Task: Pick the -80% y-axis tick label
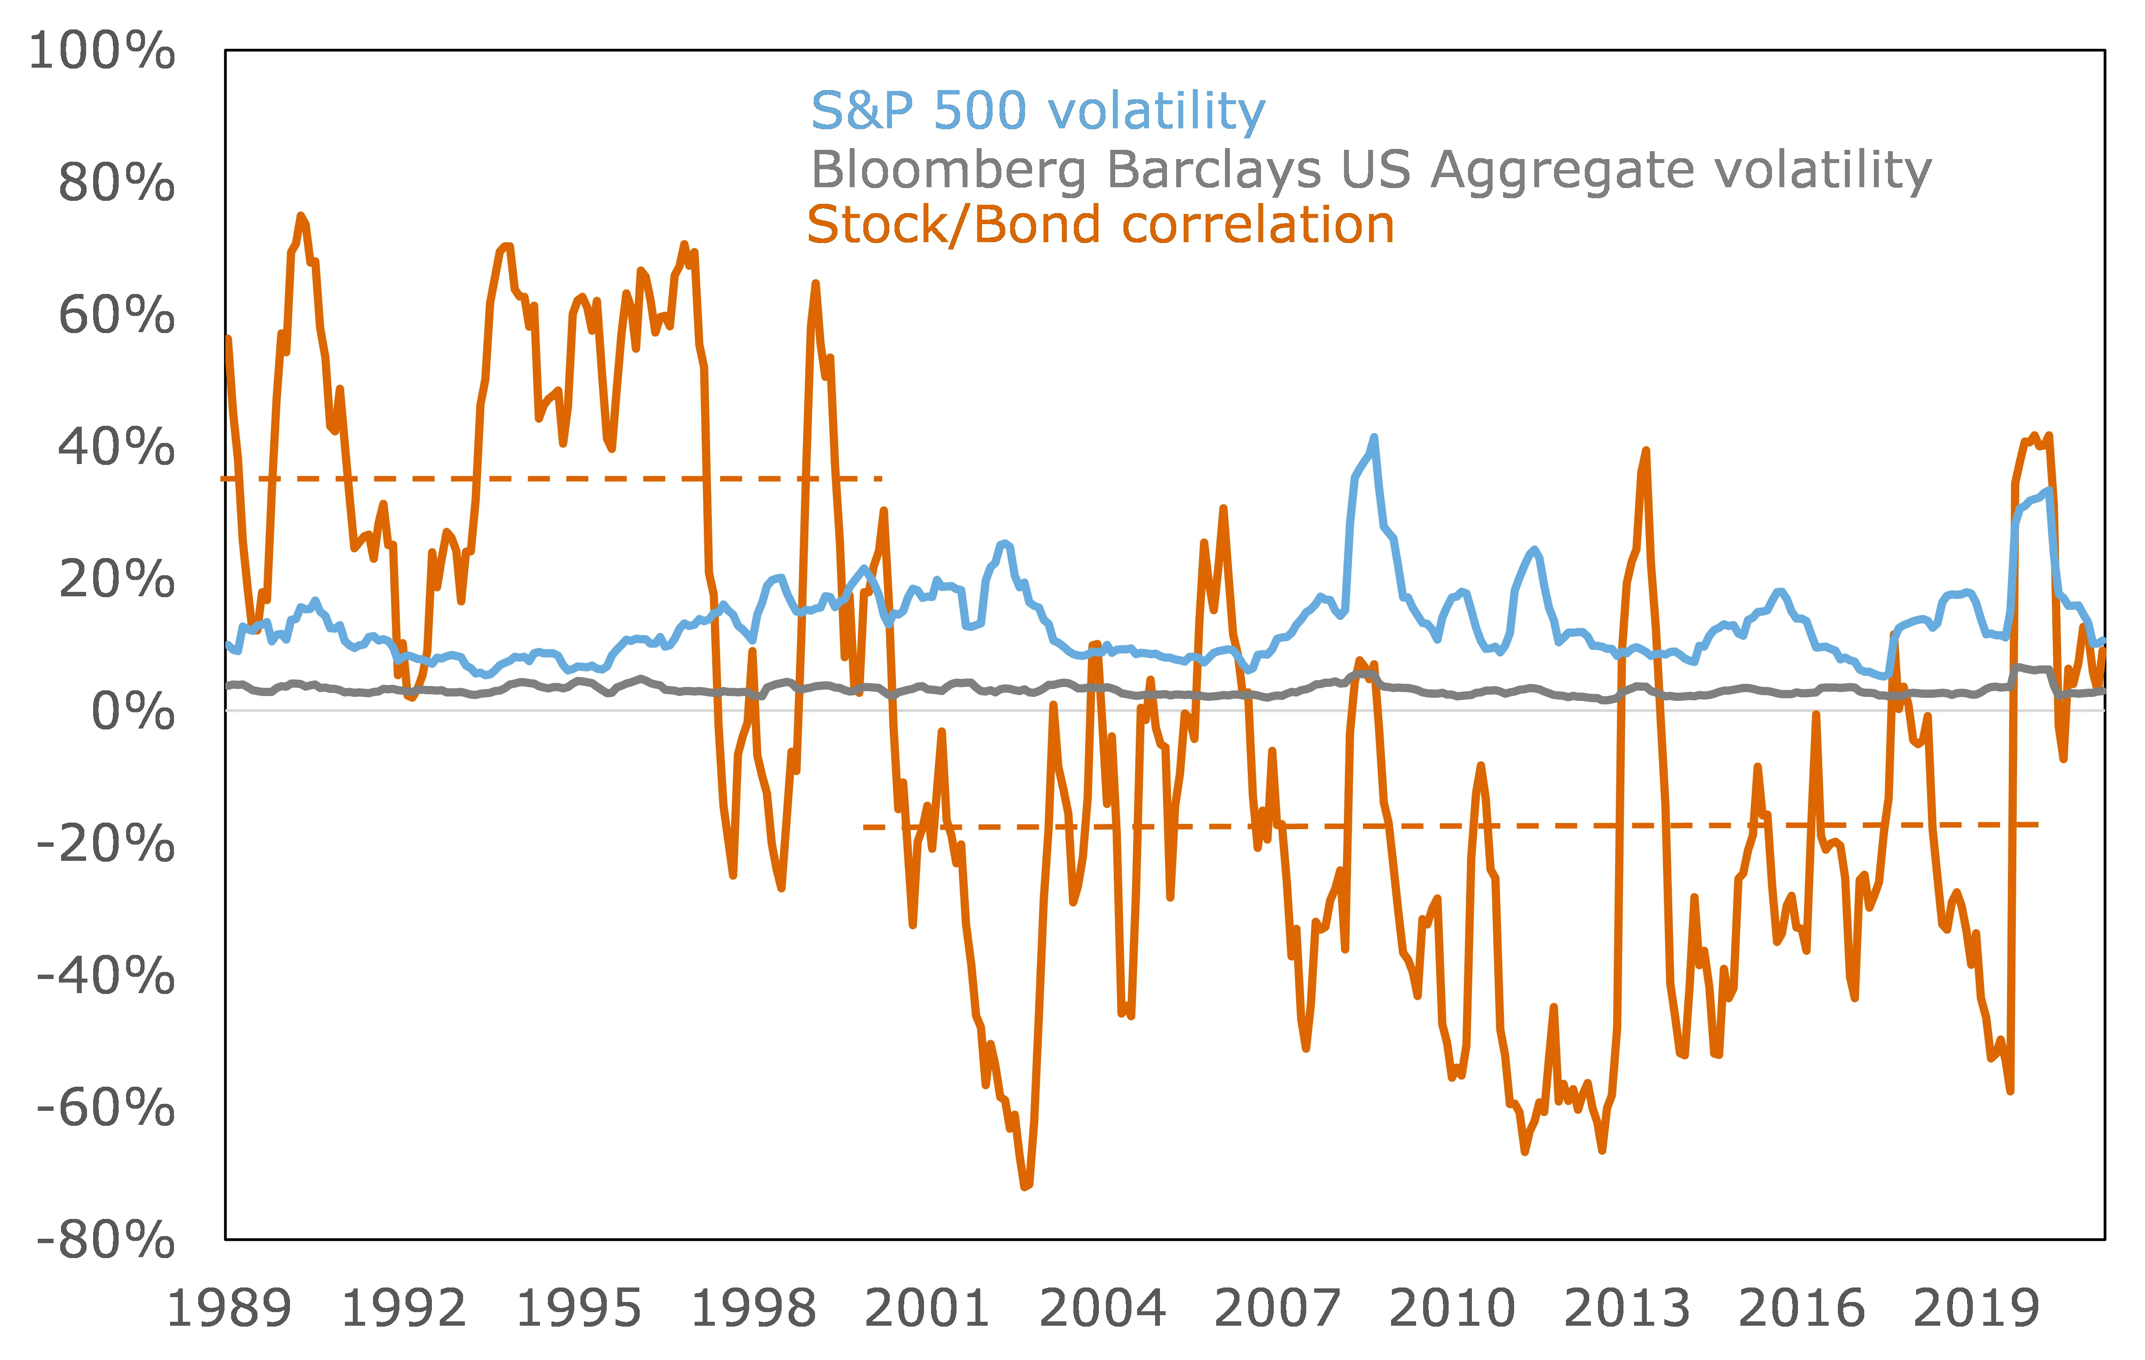tap(105, 1240)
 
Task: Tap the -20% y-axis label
tap(105, 843)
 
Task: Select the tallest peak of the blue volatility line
tap(1373, 437)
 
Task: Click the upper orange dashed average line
tap(552, 479)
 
